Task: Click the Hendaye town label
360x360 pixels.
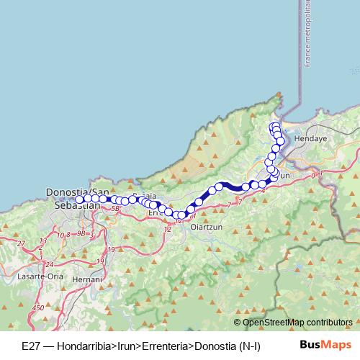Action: coord(311,136)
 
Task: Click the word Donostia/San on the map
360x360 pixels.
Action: coord(73,193)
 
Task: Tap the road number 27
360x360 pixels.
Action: coord(22,244)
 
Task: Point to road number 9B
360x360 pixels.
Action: coord(81,234)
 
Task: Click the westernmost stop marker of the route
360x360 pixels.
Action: coord(80,199)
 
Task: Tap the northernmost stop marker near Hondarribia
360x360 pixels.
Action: coord(274,127)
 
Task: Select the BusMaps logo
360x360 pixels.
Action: coord(320,346)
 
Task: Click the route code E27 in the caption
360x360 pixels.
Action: coord(31,346)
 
